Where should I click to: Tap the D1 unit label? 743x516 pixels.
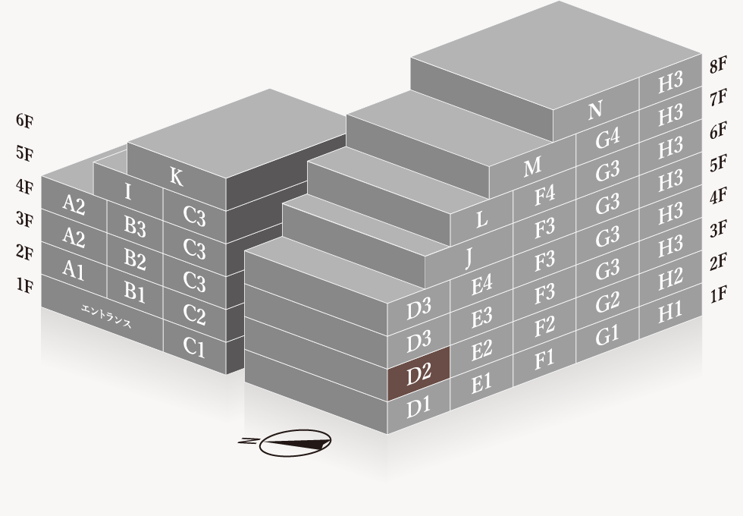419,407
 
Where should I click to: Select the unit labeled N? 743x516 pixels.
595,110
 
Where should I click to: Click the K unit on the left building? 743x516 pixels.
176,177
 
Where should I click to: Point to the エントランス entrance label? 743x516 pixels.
106,316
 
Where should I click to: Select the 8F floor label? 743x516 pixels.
718,65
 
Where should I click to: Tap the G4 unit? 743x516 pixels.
607,138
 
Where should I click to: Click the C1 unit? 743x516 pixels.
194,348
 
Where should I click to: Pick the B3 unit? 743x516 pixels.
135,226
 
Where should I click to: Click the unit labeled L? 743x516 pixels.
481,219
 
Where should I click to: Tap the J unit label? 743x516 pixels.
469,257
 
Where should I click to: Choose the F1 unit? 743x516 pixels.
544,359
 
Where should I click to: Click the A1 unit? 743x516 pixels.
74,269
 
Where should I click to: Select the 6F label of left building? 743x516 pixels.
24,121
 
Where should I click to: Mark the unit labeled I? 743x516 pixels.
127,192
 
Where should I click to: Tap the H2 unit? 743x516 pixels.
670,279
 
